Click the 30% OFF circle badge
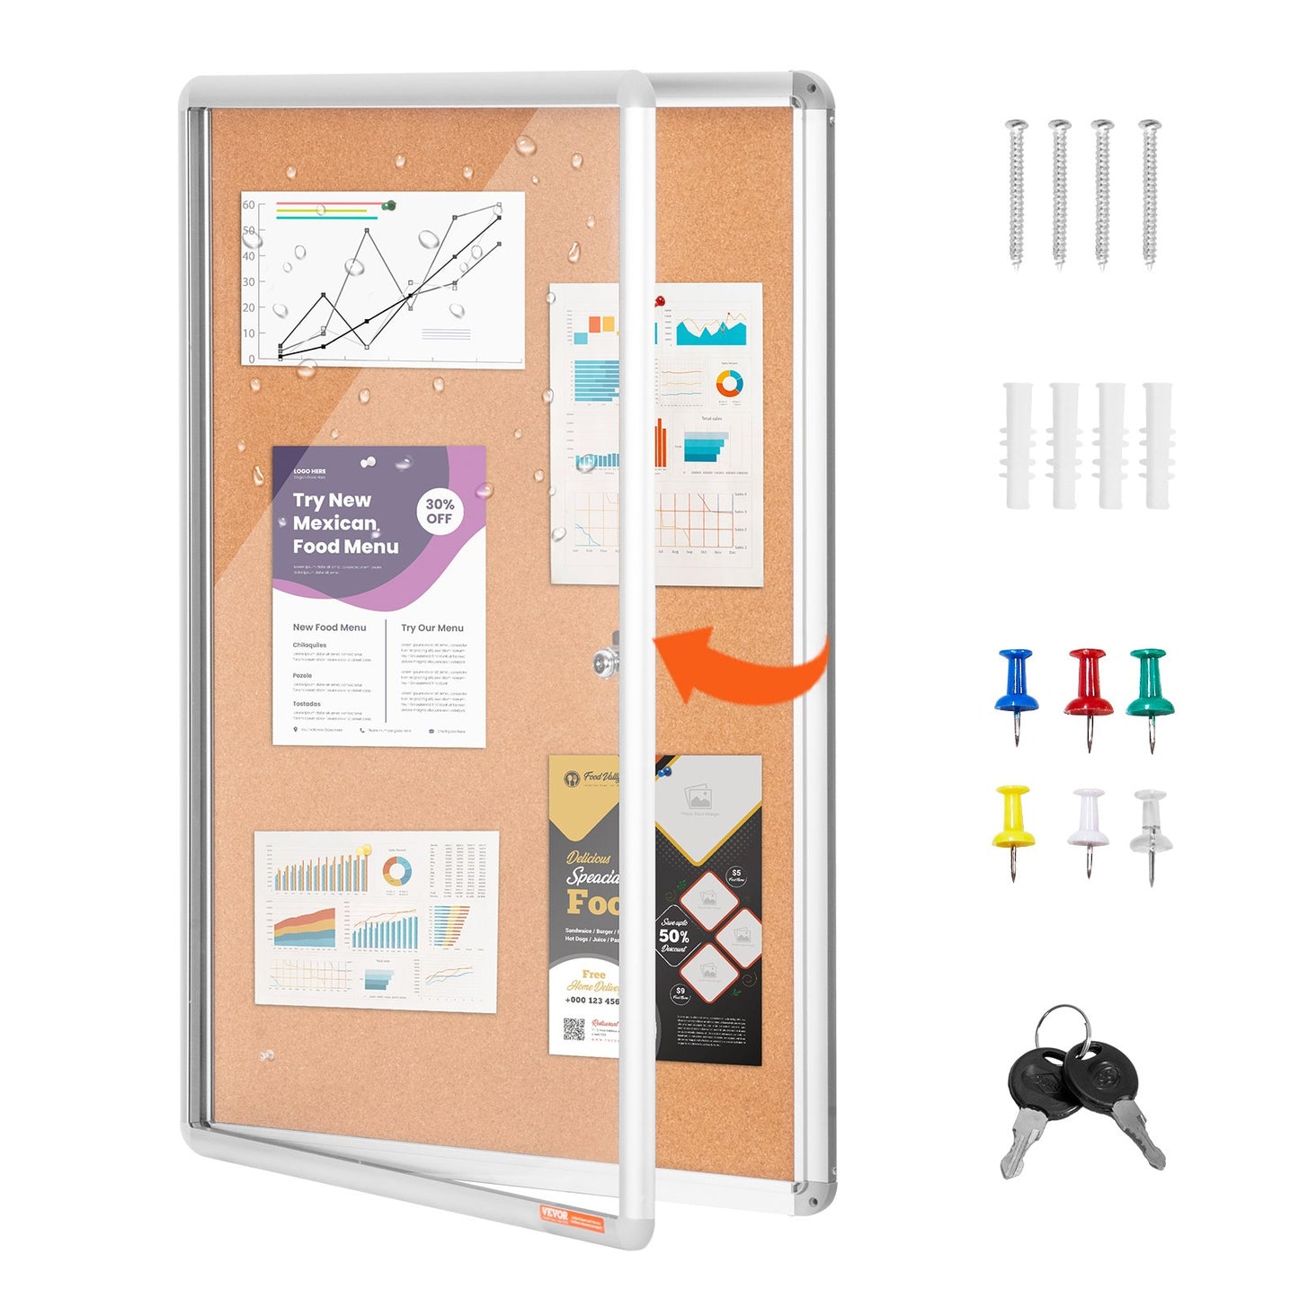440,512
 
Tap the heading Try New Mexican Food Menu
344,523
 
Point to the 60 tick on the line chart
249,205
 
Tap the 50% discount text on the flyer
674,936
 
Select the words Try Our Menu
432,628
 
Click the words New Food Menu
329,627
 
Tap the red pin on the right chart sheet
659,300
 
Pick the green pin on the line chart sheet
388,206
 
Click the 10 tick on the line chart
249,333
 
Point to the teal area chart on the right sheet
711,332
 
